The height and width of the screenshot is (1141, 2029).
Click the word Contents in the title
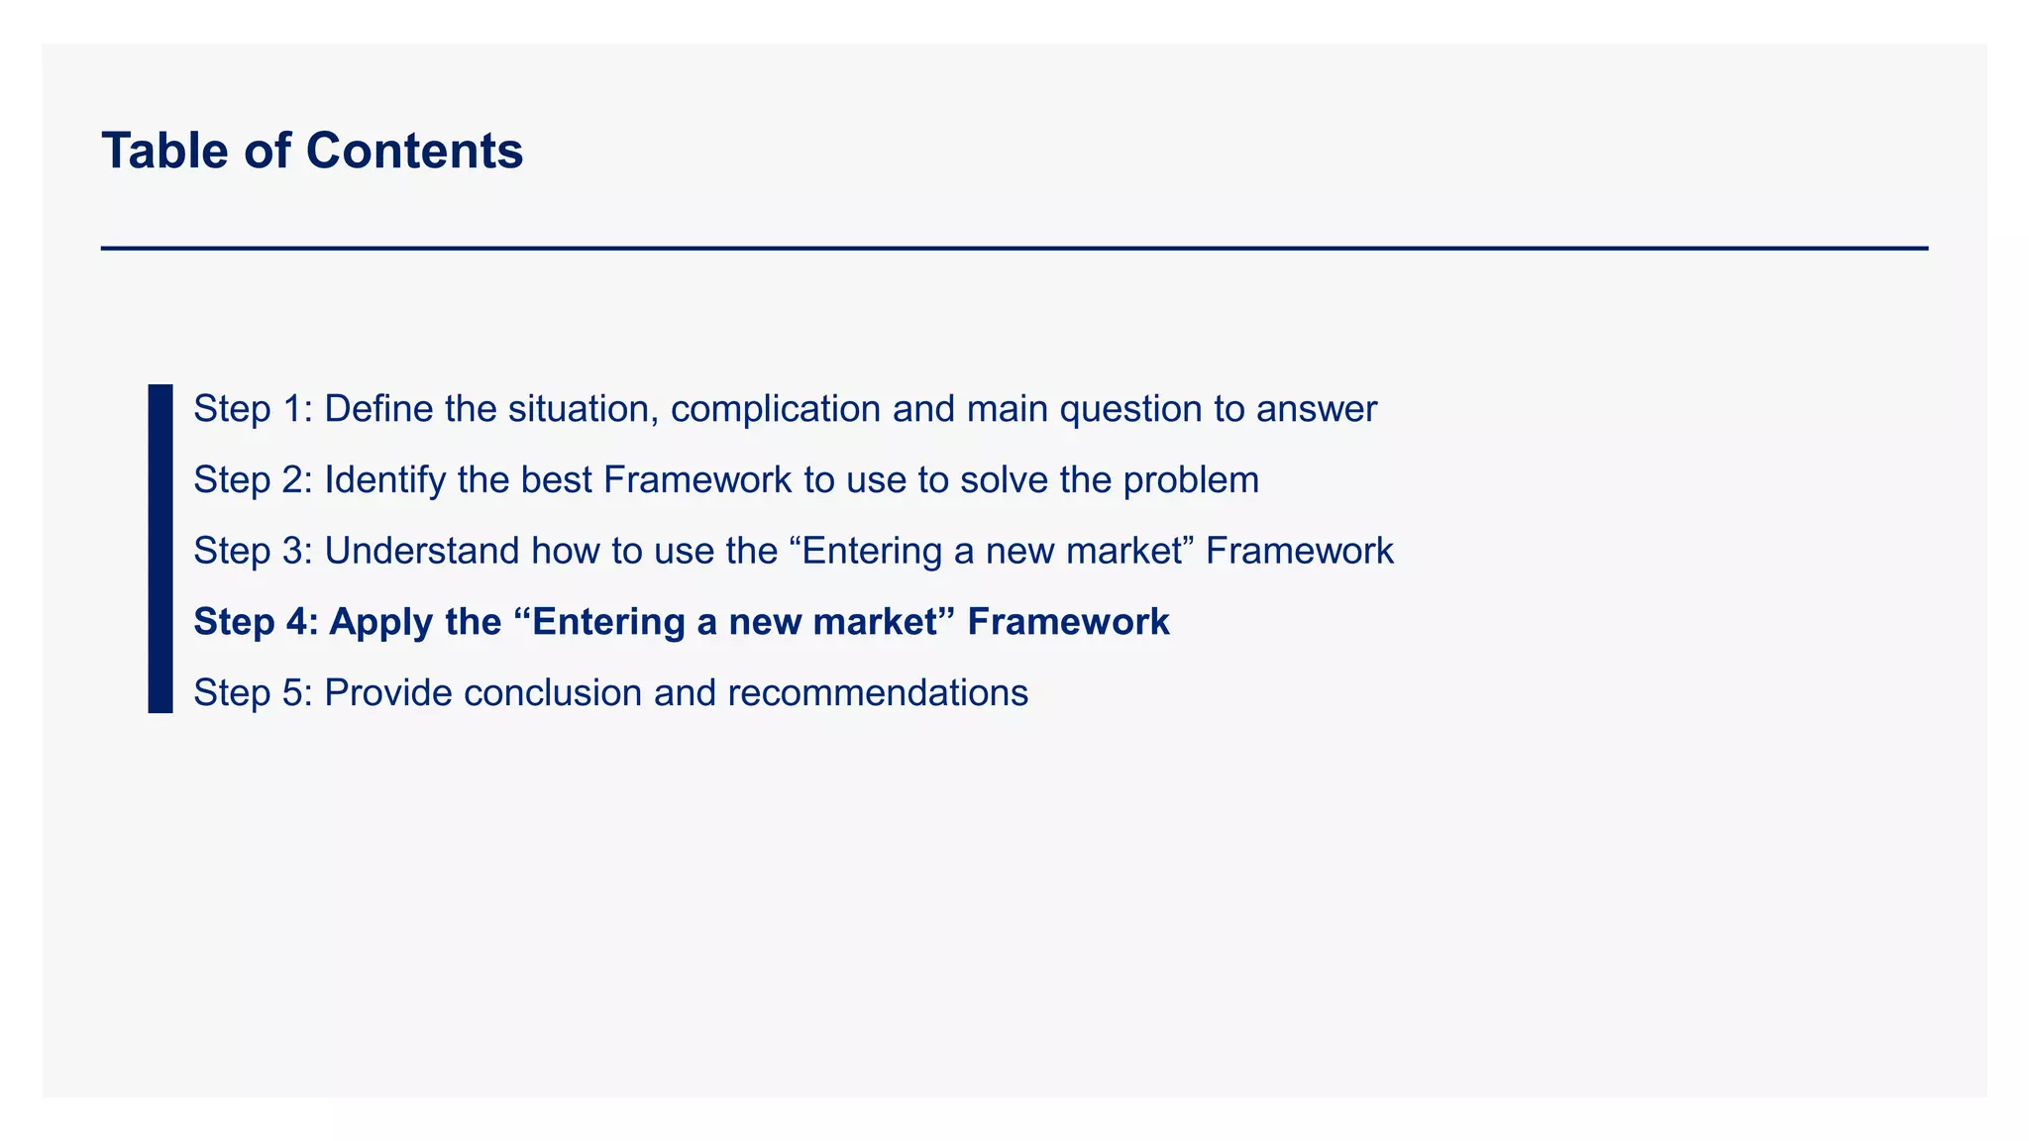(414, 151)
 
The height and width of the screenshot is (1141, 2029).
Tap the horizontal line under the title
(1014, 248)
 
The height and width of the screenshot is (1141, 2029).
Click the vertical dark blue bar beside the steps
(160, 548)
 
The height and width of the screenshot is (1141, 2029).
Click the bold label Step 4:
(256, 622)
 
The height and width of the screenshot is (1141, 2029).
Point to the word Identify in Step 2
(384, 480)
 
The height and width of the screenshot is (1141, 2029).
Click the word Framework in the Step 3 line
(1299, 551)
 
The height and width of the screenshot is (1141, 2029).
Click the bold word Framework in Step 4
(1068, 622)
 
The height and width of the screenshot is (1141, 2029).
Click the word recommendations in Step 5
(878, 692)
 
